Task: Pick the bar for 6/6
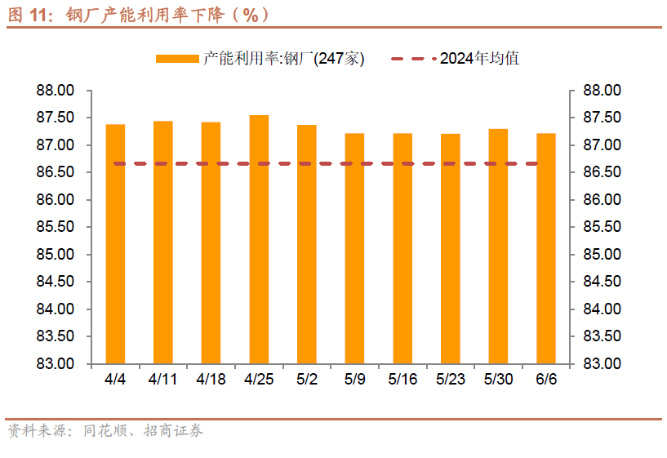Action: click(x=546, y=248)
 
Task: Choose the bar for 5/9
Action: click(x=354, y=248)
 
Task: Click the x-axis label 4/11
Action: click(x=162, y=379)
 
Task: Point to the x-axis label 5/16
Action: click(x=402, y=379)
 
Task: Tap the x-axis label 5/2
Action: click(x=307, y=379)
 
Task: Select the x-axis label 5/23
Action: click(x=450, y=379)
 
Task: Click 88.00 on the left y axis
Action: click(x=56, y=91)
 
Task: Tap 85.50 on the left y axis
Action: click(x=56, y=227)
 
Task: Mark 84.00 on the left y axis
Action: click(x=56, y=309)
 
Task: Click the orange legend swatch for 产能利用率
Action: click(x=177, y=59)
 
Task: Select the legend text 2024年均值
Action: click(x=480, y=59)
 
